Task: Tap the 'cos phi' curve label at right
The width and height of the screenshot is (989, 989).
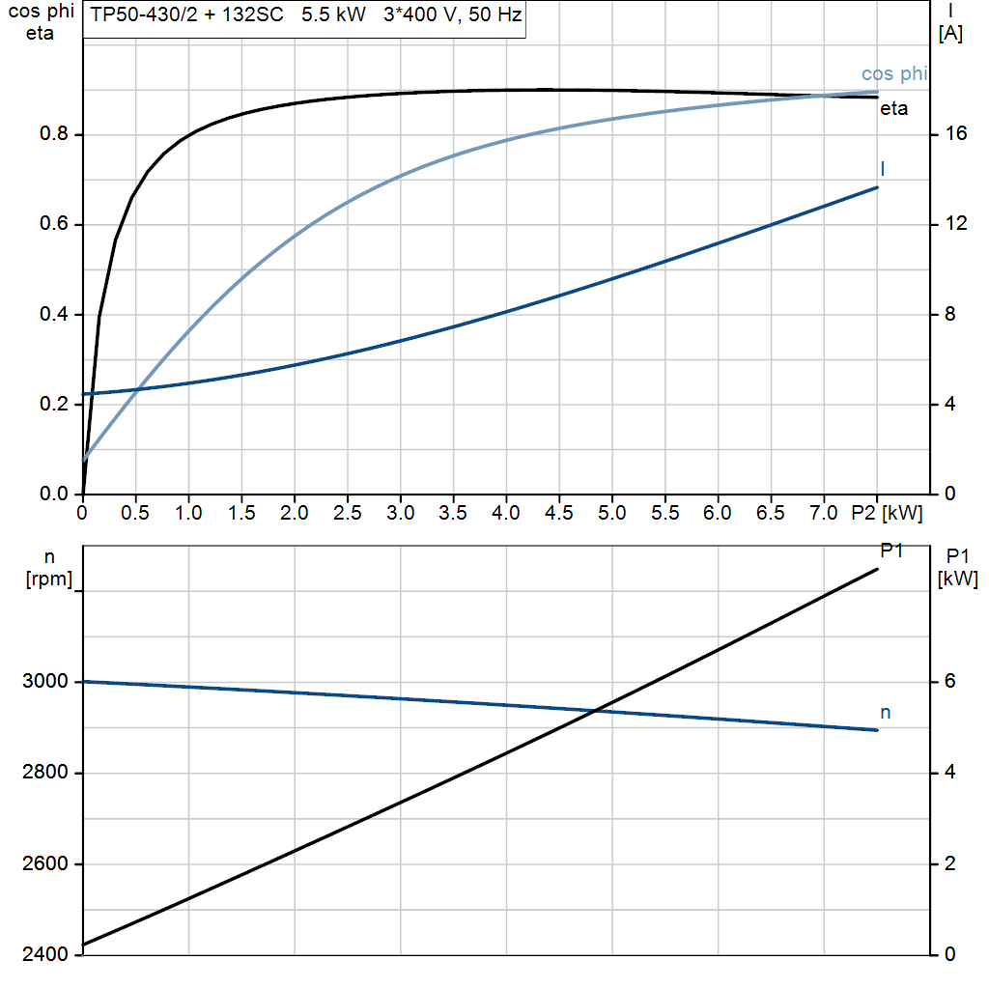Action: pos(894,74)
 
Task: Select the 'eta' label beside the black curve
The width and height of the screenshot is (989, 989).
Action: pos(893,109)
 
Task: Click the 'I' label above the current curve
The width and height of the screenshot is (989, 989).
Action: pos(883,169)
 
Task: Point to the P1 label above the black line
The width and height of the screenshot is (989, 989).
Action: pos(891,551)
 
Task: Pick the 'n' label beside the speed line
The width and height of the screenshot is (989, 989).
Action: pos(885,713)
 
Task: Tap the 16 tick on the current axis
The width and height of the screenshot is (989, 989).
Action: pos(956,134)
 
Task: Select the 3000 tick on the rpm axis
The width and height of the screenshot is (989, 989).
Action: pos(45,682)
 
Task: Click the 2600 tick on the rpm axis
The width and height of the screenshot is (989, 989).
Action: pos(45,863)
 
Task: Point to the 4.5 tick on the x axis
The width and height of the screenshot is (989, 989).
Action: pos(558,513)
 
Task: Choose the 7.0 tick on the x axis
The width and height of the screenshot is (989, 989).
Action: pos(824,513)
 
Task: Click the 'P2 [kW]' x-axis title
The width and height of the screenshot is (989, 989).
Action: pos(886,513)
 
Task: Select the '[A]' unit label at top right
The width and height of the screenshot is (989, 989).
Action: pos(950,35)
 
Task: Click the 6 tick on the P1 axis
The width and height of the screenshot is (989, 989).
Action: pos(949,682)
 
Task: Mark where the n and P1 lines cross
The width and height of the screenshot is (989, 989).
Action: pos(595,711)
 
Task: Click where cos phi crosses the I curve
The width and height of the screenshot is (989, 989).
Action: pos(139,389)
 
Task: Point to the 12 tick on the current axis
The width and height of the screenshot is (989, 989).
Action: pos(956,224)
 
